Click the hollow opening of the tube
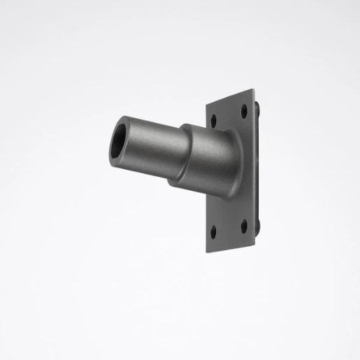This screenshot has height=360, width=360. tap(120, 141)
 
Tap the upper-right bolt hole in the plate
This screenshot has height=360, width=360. tap(244, 110)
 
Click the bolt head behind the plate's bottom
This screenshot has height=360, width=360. tap(259, 225)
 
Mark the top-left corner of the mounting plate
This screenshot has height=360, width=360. tap(207, 108)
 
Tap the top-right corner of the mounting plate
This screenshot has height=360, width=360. tap(254, 89)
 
